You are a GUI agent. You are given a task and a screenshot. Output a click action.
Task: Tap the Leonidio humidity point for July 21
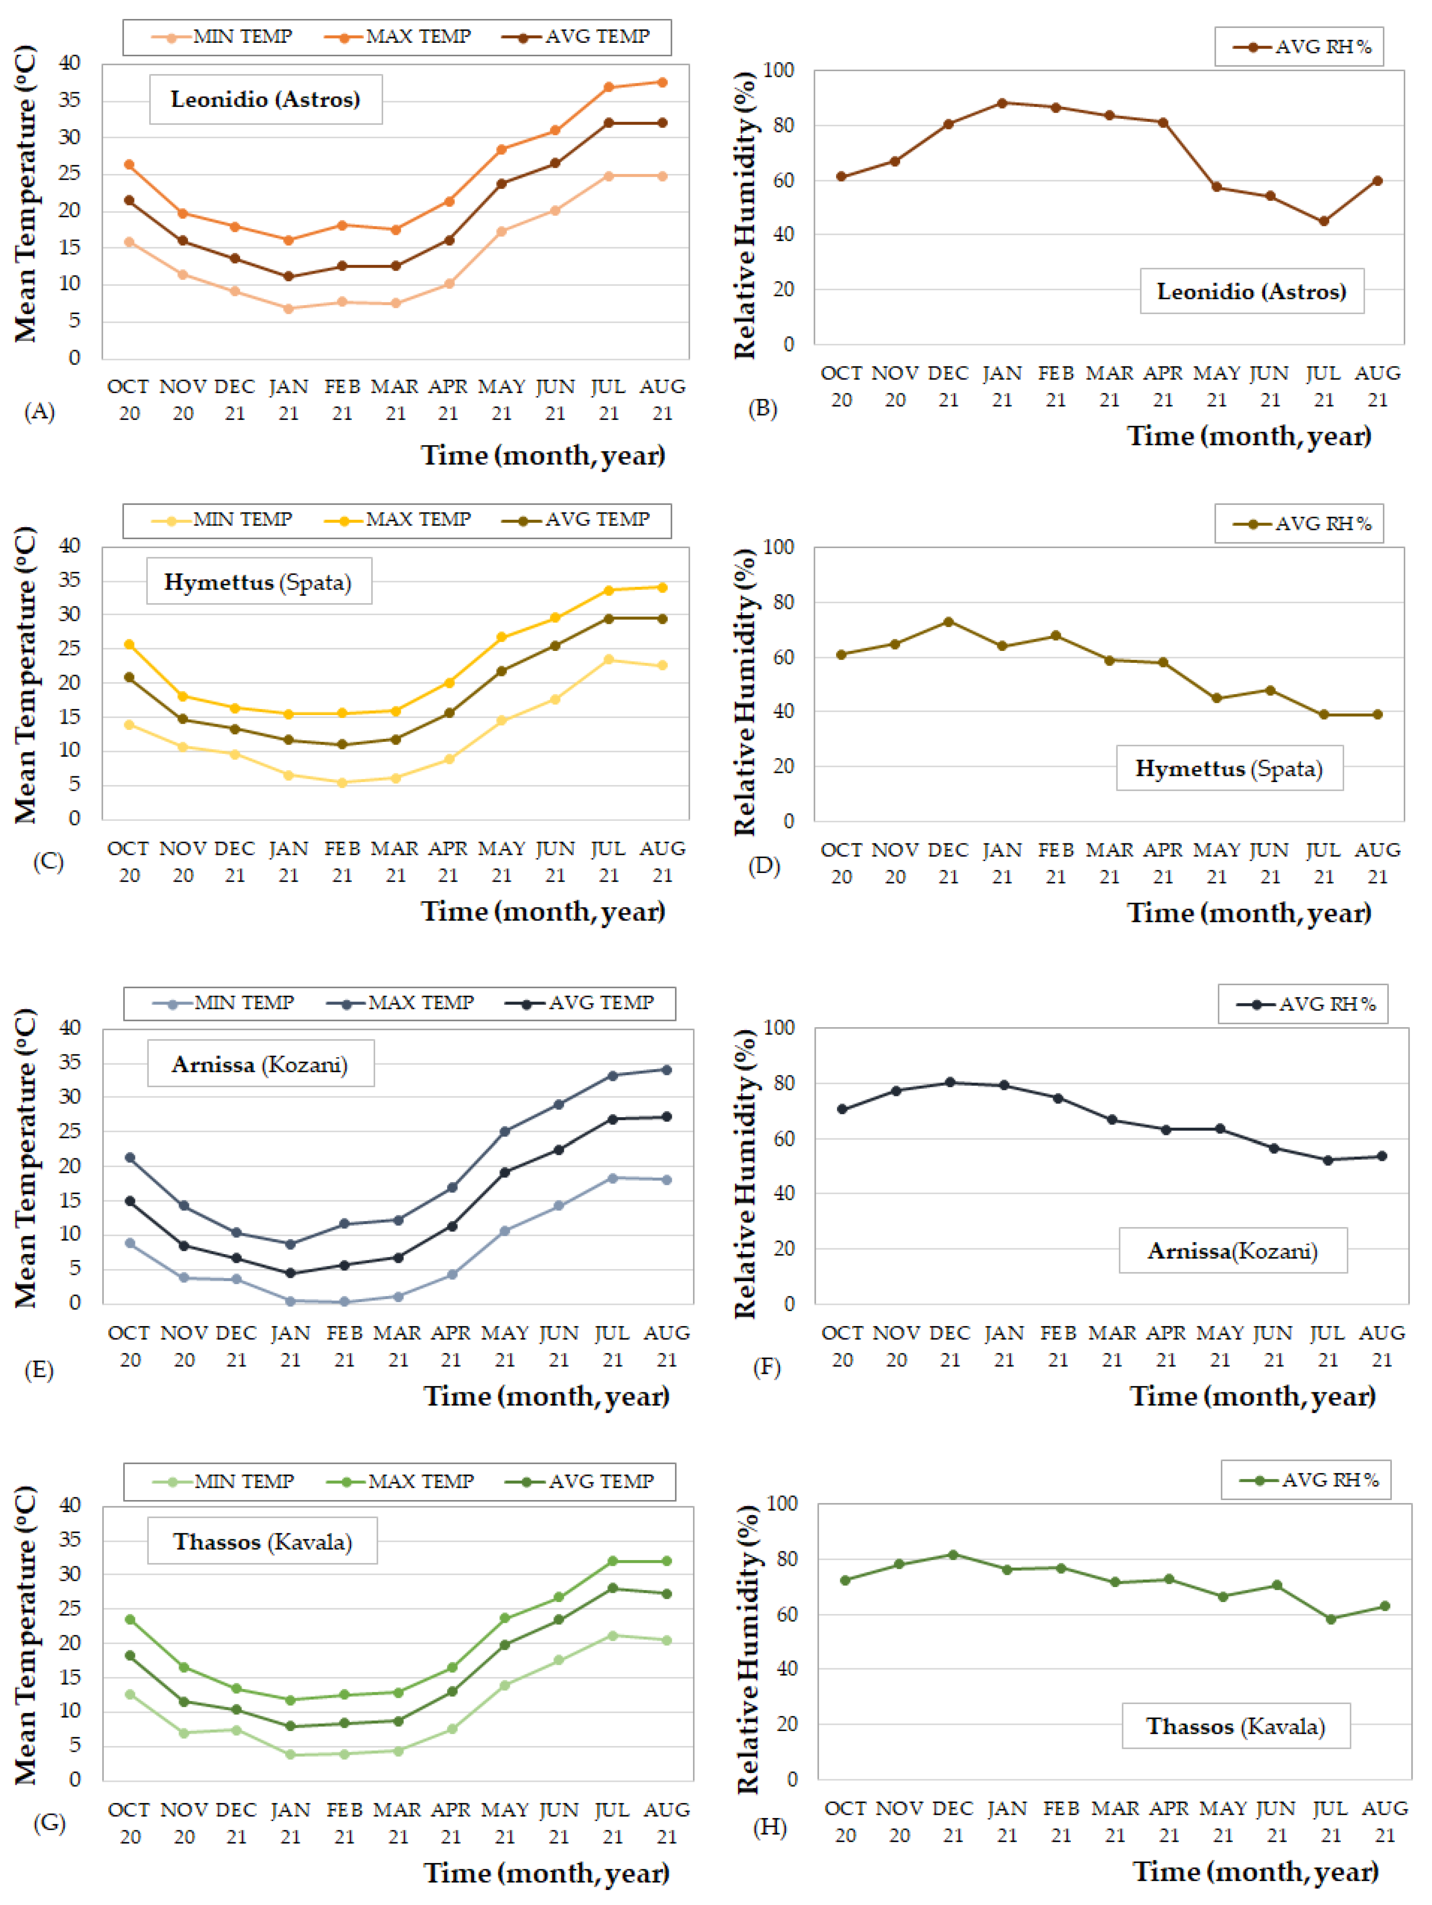(x=1323, y=221)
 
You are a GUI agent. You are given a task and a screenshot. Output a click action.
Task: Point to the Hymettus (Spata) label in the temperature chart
(x=258, y=582)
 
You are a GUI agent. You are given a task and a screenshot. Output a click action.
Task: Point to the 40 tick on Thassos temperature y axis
(x=70, y=1504)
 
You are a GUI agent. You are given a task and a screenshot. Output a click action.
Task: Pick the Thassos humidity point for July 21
(x=1331, y=1619)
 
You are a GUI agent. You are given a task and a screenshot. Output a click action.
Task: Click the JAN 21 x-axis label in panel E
(x=290, y=1346)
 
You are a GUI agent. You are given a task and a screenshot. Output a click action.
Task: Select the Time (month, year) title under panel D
(x=1249, y=913)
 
